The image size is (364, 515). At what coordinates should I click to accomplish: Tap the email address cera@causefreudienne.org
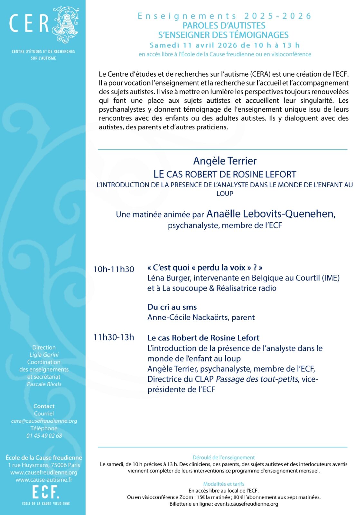pyautogui.click(x=44, y=421)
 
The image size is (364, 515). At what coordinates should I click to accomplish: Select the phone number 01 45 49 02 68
pyautogui.click(x=44, y=436)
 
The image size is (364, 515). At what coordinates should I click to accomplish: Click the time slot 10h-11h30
pyautogui.click(x=114, y=269)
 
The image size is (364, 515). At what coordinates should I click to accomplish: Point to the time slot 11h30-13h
pyautogui.click(x=114, y=337)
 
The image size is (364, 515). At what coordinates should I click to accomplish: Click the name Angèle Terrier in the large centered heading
pyautogui.click(x=225, y=161)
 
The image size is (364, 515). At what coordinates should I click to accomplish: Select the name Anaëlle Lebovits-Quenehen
pyautogui.click(x=271, y=214)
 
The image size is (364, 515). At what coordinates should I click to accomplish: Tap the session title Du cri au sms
pyautogui.click(x=172, y=307)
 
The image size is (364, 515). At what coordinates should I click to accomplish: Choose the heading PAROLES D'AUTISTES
pyautogui.click(x=224, y=25)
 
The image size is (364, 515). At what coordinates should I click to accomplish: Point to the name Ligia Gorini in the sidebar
pyautogui.click(x=44, y=355)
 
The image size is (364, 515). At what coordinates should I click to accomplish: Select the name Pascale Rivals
pyautogui.click(x=44, y=384)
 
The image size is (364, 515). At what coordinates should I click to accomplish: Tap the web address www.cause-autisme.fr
pyautogui.click(x=44, y=480)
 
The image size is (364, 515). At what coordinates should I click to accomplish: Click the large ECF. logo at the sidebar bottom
pyautogui.click(x=46, y=492)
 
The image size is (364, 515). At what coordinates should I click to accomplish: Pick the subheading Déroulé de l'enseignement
pyautogui.click(x=224, y=458)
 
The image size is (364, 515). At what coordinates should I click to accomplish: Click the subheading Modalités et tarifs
pyautogui.click(x=224, y=484)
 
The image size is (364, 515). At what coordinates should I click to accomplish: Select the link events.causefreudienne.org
pyautogui.click(x=246, y=504)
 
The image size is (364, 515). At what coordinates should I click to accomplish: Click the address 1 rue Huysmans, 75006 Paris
pyautogui.click(x=44, y=465)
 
